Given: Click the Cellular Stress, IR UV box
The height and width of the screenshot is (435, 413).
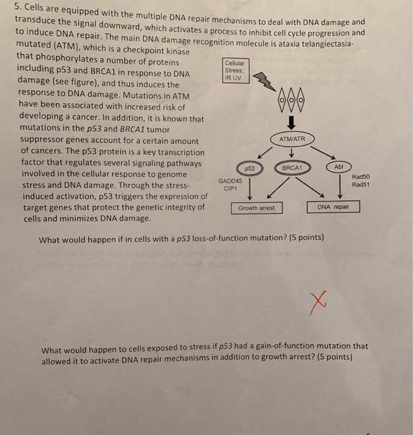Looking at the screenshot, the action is (x=236, y=70).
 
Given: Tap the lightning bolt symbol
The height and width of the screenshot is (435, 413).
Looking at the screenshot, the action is (x=264, y=81).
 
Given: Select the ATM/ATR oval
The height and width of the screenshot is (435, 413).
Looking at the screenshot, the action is (x=292, y=139).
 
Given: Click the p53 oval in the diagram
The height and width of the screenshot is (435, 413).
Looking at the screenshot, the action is (x=249, y=168).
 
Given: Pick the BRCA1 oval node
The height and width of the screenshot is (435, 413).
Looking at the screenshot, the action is (x=292, y=168).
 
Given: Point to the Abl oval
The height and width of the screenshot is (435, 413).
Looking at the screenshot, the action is (x=338, y=167).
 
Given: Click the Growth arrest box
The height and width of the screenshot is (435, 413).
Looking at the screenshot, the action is (x=257, y=208).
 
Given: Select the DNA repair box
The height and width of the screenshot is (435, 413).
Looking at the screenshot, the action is (x=333, y=207).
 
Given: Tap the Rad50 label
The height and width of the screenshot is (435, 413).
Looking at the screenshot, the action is (x=361, y=176).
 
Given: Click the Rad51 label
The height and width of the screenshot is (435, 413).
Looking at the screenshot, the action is (x=361, y=185).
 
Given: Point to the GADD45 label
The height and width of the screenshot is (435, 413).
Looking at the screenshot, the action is (x=230, y=181).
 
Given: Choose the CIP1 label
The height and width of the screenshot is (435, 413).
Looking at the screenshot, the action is (x=230, y=189).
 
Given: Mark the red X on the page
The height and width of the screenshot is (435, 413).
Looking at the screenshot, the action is (x=318, y=303).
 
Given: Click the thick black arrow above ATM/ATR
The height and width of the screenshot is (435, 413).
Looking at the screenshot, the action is (x=291, y=123).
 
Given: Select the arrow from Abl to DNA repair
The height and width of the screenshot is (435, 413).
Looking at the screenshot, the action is (x=340, y=186).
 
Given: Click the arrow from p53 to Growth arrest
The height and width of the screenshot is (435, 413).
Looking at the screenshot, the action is (x=250, y=189).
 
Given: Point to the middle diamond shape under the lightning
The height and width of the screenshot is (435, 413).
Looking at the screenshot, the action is (x=291, y=99).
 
